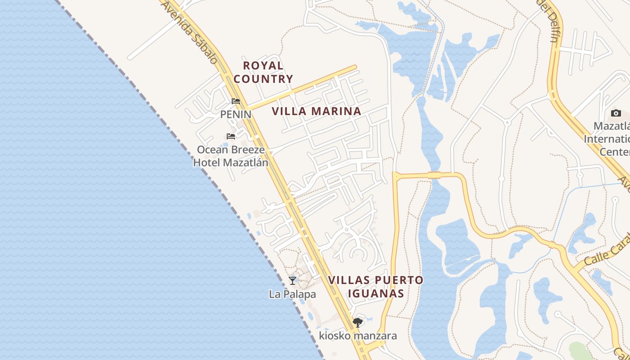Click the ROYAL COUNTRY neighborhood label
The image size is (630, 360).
coord(263,72)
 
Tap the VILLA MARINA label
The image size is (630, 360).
coord(316,111)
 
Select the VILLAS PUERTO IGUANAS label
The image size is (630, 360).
coord(375,287)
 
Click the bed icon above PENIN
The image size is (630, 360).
coord(236,101)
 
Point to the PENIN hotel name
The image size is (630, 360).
coord(235,114)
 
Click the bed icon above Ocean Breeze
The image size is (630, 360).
coord(231,136)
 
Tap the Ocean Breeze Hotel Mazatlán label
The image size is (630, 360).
coord(231,156)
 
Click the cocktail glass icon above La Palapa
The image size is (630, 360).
coord(292,280)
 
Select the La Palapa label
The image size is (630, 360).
coord(292,294)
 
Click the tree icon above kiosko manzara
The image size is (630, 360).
coord(358,322)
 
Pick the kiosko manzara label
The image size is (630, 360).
coord(358,336)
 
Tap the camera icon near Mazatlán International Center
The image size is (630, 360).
coord(616,113)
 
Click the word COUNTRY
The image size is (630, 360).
coord(263,79)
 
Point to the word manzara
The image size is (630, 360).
coord(375,336)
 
